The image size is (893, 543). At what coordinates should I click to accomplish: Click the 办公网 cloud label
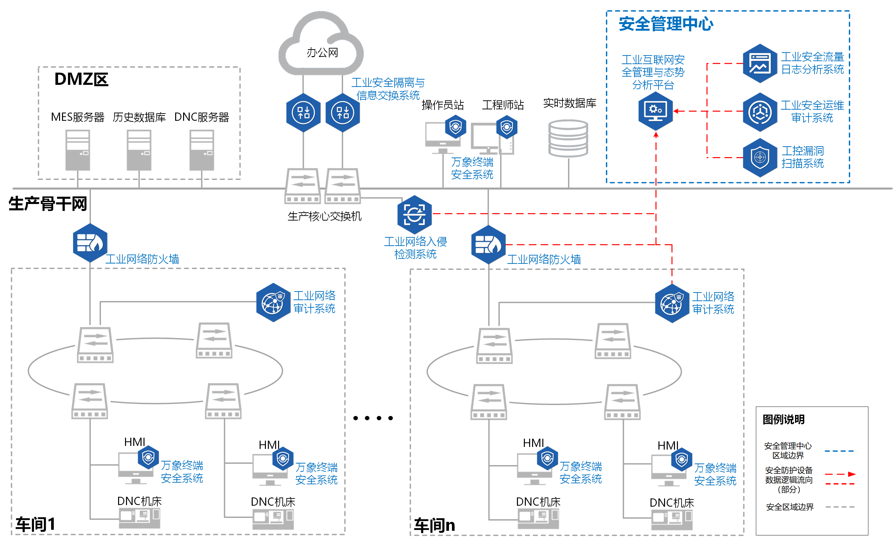322,52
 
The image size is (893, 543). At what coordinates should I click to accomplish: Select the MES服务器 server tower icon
78,150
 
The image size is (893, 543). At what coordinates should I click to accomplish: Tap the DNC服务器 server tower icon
202,150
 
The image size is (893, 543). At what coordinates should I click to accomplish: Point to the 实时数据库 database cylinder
568,139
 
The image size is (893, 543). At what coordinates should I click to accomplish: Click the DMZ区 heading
81,79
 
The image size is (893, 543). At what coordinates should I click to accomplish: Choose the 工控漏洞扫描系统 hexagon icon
760,157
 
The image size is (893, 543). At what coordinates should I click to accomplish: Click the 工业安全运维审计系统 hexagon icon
760,112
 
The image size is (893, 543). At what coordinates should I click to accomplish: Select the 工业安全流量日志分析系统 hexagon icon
760,63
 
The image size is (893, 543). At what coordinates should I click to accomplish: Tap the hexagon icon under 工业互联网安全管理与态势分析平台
655,111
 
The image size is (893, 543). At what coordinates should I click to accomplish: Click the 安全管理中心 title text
666,24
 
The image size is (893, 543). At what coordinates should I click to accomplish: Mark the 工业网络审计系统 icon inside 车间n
672,303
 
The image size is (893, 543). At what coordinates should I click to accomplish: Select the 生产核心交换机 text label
324,216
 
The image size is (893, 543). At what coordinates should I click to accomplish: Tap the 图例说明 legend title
783,419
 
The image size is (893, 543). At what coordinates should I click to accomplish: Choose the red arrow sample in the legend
840,474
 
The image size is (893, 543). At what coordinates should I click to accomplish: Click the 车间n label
434,525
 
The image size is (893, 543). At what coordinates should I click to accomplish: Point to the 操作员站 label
442,105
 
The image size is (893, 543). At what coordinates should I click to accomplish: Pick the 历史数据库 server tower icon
139,150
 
